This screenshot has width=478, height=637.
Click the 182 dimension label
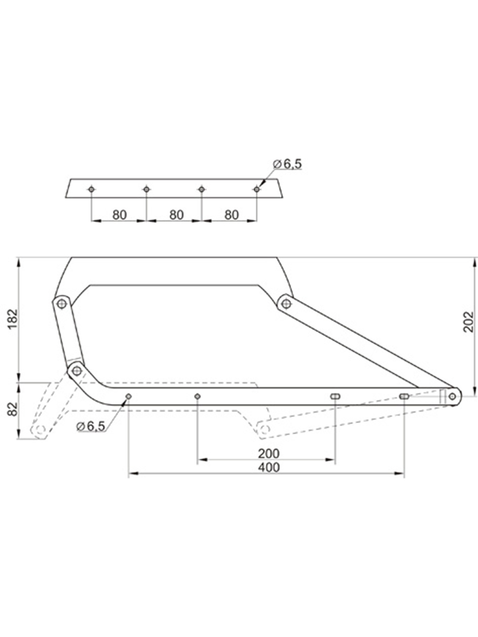click(x=12, y=319)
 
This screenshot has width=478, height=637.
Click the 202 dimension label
click(x=468, y=321)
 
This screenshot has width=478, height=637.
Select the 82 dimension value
click(x=12, y=409)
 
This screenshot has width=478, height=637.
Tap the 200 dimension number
click(x=269, y=453)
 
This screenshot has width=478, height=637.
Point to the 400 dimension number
click(x=269, y=467)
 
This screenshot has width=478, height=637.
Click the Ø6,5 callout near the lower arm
click(x=90, y=426)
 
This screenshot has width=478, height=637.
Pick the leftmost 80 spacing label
click(x=119, y=215)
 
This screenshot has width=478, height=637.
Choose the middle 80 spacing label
click(x=176, y=215)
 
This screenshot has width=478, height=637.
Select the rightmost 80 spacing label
click(x=231, y=215)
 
